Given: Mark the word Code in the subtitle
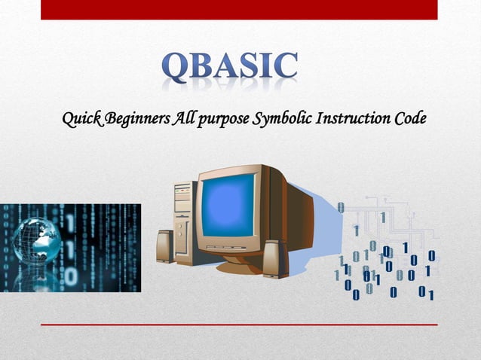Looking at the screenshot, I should [409, 118].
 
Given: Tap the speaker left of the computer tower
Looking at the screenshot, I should [164, 246].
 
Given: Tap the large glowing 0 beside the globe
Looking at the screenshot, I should [70, 276].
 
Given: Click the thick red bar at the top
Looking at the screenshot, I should [239, 10].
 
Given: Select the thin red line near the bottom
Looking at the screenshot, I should [239, 325].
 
